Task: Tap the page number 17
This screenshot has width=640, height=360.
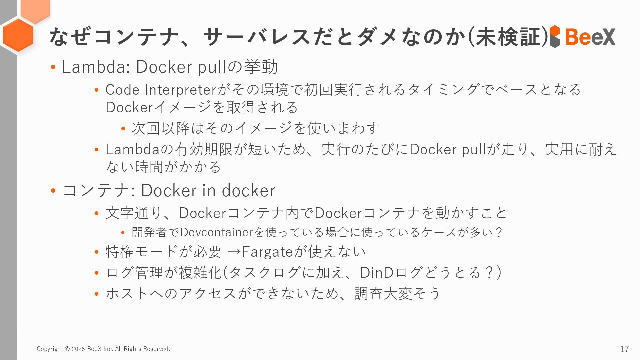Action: point(624,349)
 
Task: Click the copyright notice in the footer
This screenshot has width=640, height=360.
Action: point(103,349)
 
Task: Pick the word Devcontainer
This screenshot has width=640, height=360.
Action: point(216,232)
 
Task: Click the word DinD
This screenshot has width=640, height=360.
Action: point(377,273)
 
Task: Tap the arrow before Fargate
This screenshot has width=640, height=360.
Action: point(233,252)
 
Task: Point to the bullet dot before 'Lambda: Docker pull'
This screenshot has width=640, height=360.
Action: point(53,67)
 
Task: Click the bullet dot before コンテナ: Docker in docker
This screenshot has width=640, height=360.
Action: point(53,191)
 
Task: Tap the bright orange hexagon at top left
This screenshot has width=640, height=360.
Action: point(18,35)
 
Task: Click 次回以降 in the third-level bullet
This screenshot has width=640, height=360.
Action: point(161,128)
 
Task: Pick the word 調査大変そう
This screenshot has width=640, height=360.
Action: point(397,294)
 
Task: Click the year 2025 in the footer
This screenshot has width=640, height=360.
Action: point(78,349)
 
